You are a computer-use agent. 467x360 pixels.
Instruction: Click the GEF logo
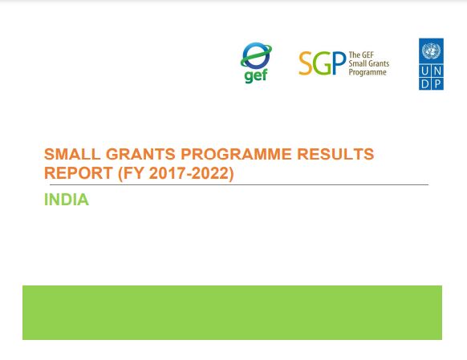[256, 63]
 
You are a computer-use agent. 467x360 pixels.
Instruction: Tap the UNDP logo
[431, 64]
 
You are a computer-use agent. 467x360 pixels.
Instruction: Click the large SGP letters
[322, 63]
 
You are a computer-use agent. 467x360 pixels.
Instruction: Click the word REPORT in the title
[78, 173]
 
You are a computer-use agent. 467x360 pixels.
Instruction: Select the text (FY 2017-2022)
[176, 173]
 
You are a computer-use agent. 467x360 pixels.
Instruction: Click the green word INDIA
[67, 200]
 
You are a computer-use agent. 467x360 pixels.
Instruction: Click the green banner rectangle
[232, 312]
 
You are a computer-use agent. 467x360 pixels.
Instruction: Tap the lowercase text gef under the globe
[255, 77]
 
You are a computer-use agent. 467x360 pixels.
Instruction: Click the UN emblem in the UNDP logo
[431, 51]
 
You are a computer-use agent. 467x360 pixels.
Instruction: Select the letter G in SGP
[322, 63]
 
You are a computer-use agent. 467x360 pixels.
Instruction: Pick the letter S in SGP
[306, 63]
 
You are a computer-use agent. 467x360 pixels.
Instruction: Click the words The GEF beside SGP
[360, 55]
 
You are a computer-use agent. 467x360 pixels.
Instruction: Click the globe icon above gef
[257, 57]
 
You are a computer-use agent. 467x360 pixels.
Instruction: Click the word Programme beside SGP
[368, 72]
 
